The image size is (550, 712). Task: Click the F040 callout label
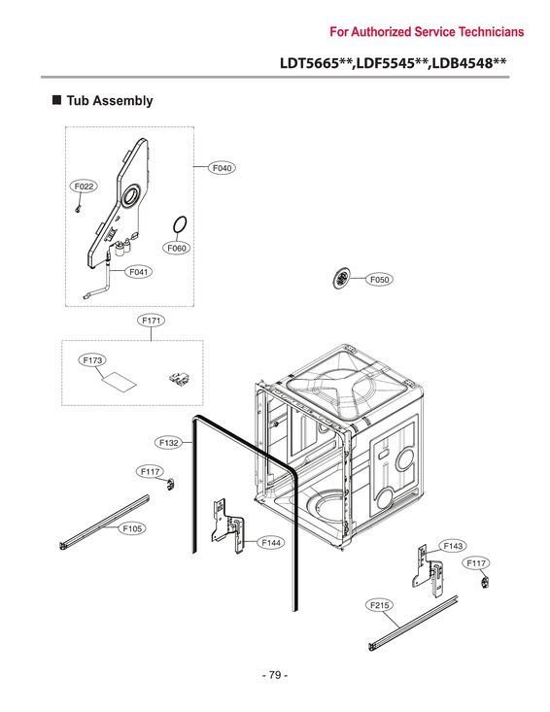[x=223, y=168]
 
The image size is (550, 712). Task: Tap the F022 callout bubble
[x=83, y=186]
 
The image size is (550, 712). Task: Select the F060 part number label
[x=176, y=249]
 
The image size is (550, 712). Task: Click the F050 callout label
[x=379, y=280]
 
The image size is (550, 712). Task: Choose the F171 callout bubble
[x=152, y=319]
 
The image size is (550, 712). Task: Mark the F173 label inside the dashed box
[x=93, y=360]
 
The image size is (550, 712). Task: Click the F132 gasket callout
[x=168, y=442]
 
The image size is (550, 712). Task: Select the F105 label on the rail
[x=133, y=528]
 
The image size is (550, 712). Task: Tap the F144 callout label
[x=271, y=541]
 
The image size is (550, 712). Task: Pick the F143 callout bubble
[x=453, y=546]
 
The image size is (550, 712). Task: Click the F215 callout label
[x=380, y=605]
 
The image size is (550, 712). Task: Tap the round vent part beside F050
[x=340, y=279]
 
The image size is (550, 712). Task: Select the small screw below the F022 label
[x=77, y=206]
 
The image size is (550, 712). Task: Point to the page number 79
[x=274, y=675]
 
